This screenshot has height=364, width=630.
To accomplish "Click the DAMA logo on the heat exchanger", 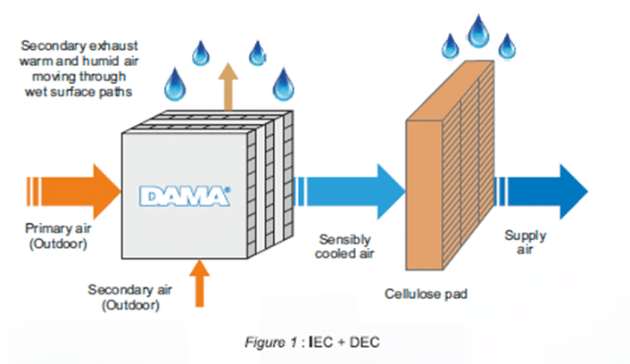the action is click(185, 196).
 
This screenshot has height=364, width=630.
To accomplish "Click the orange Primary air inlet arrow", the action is click(74, 191).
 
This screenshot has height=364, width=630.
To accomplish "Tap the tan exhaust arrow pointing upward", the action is click(228, 87).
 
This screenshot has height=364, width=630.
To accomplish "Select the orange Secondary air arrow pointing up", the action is click(199, 283).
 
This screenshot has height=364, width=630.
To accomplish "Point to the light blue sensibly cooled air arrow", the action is click(350, 191).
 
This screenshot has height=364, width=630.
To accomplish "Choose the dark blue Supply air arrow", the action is click(541, 191).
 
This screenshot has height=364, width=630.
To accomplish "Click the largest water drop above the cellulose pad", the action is click(478, 31).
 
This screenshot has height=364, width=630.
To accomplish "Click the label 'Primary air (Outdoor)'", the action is click(58, 236).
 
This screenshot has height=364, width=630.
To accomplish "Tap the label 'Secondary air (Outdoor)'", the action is click(130, 297).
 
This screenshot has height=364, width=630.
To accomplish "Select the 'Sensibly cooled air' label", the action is click(344, 246).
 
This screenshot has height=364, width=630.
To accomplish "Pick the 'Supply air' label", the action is click(525, 243).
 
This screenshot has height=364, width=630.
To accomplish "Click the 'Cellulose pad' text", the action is click(426, 294).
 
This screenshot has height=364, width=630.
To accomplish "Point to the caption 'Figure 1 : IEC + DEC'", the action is click(312, 343).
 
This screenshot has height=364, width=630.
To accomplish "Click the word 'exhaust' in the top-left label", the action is click(113, 45).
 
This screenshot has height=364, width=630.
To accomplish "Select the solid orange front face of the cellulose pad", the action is click(424, 194).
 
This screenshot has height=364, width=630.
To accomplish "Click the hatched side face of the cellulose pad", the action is click(468, 165).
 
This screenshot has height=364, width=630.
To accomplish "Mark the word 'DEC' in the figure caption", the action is click(365, 343).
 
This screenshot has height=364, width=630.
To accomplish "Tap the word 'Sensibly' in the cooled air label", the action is click(344, 240).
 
